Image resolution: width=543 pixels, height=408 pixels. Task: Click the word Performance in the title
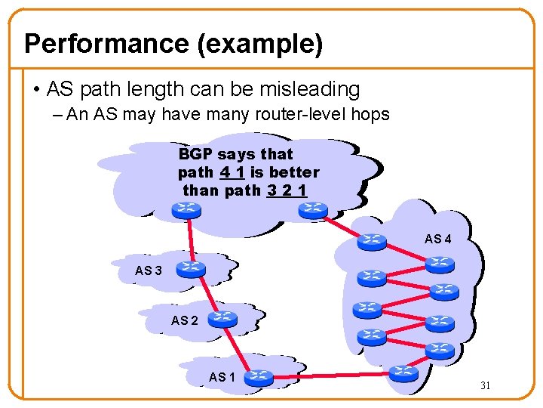pyautogui.click(x=106, y=44)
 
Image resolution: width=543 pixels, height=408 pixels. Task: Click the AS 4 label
pyautogui.click(x=438, y=240)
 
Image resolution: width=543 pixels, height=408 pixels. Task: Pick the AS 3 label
pyautogui.click(x=148, y=270)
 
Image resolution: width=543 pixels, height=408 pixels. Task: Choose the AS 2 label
pyautogui.click(x=185, y=320)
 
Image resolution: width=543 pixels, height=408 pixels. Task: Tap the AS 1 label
pyautogui.click(x=222, y=377)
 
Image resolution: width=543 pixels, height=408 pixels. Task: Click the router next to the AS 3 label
pyautogui.click(x=191, y=267)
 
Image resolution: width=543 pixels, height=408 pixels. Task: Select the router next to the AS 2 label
pyautogui.click(x=222, y=319)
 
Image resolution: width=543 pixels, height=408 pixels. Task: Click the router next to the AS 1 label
pyautogui.click(x=259, y=376)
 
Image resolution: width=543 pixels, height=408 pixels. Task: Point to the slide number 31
pyautogui.click(x=486, y=386)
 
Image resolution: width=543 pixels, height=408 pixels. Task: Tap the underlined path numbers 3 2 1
pyautogui.click(x=287, y=190)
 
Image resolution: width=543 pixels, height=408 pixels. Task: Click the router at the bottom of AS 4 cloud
pyautogui.click(x=405, y=372)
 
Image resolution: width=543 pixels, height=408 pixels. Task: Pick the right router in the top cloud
pyautogui.click(x=311, y=209)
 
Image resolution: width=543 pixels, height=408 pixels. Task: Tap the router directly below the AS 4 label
pyautogui.click(x=439, y=264)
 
